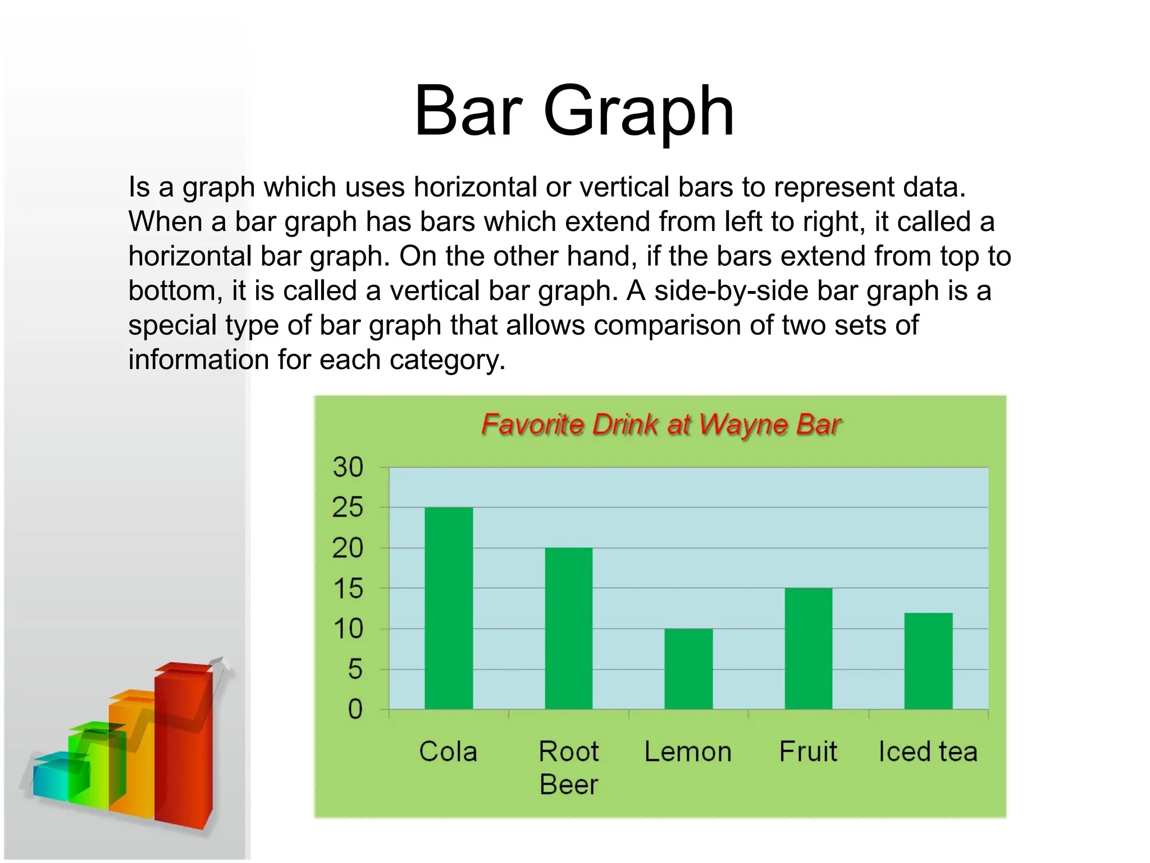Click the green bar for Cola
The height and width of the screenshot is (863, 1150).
[x=449, y=608]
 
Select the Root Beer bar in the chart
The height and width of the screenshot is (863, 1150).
[x=568, y=628]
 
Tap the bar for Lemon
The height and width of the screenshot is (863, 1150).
[x=688, y=669]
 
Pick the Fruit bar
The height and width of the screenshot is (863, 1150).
[x=809, y=648]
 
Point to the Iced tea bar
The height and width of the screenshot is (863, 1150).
[x=928, y=661]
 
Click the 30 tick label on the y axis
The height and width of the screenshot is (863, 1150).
[x=348, y=467]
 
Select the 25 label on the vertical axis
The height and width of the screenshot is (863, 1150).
[x=348, y=508]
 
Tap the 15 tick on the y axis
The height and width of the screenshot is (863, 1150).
[x=348, y=589]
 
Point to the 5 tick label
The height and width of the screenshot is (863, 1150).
[x=355, y=670]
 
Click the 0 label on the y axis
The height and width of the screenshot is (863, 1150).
[x=355, y=710]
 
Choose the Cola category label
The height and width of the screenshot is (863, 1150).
[x=448, y=752]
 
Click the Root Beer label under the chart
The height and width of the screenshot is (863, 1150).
[x=569, y=768]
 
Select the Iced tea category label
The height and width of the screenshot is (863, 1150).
[x=928, y=752]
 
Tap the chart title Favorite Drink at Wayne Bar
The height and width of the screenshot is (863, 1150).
[x=661, y=425]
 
